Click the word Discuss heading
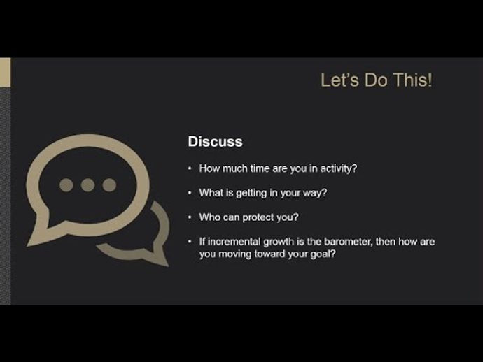click(215, 142)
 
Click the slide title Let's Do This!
click(376, 80)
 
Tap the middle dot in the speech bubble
click(87, 185)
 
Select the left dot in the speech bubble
click(66, 185)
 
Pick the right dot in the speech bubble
click(109, 185)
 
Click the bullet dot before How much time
click(190, 168)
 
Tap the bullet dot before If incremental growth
click(190, 242)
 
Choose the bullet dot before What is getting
click(190, 193)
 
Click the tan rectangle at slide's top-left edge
click(5, 72)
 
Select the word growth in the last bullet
click(279, 242)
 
